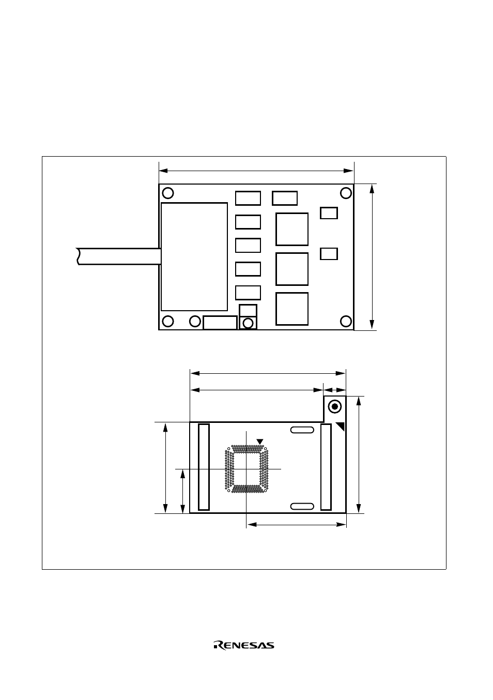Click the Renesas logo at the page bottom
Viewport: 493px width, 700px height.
[x=244, y=645]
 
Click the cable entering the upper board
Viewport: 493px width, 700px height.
[x=119, y=256]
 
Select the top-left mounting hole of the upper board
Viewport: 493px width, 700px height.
[x=168, y=193]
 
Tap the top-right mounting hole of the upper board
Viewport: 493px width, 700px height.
[x=346, y=193]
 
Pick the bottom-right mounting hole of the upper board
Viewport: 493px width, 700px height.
[x=346, y=321]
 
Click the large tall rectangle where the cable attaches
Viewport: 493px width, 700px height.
[x=194, y=256]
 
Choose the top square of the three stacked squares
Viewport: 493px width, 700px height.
[x=292, y=229]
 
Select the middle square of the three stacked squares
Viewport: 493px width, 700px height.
[x=292, y=269]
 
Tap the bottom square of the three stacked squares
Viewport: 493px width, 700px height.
[x=292, y=309]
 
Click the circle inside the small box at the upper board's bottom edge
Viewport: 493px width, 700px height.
[x=248, y=323]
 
